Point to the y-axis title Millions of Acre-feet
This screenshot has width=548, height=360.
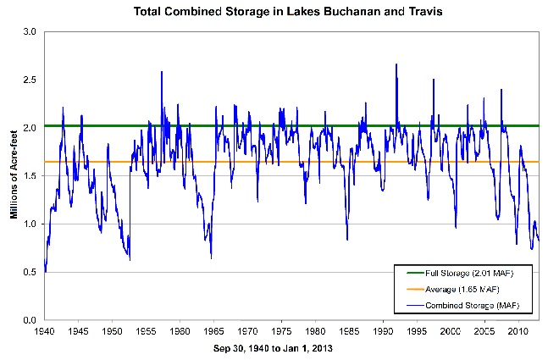coord(14,174)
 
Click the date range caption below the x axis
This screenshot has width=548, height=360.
coord(280,348)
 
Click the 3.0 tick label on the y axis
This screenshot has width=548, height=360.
coord(30,31)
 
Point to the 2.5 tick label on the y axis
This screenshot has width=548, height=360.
coord(30,80)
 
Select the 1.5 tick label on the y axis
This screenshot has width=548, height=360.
coord(30,176)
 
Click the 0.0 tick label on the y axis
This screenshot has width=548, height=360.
coord(30,321)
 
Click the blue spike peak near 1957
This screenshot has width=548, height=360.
coord(161,72)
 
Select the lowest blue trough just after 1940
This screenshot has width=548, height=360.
coord(46,272)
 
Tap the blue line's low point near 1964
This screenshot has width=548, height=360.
coord(211,257)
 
